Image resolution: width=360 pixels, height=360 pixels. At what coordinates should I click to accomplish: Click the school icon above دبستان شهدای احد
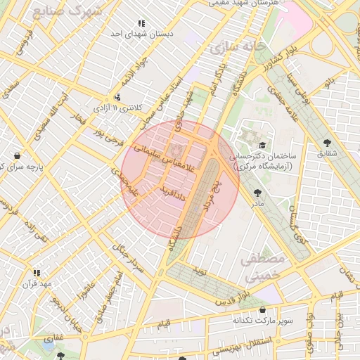(x=143, y=23)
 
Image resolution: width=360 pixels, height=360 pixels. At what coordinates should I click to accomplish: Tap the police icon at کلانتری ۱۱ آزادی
(x=117, y=97)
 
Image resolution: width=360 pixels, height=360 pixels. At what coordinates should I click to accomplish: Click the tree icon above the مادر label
(x=257, y=192)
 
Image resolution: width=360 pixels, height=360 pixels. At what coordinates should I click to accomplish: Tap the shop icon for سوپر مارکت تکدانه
(x=263, y=310)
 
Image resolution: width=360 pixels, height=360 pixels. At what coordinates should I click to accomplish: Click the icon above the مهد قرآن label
(x=36, y=273)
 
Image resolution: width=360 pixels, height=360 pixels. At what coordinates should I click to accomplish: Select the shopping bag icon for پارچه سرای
(x=16, y=155)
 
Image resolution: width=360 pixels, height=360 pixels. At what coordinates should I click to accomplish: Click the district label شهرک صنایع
(x=67, y=11)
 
